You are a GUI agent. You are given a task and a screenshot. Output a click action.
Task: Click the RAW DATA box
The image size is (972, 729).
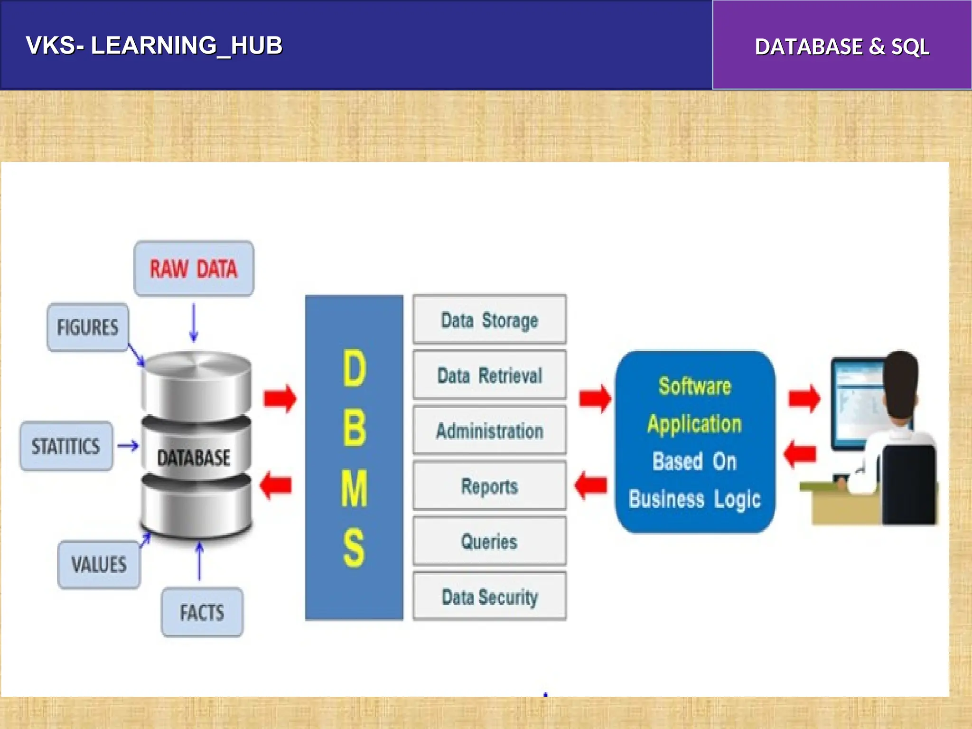click(194, 269)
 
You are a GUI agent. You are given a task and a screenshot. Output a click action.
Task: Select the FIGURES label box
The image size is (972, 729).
click(88, 327)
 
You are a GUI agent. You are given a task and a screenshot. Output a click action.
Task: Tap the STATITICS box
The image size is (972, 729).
click(66, 446)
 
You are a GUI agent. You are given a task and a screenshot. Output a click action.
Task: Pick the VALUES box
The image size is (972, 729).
click(99, 565)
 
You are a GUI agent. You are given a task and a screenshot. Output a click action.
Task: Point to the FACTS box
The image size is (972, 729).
click(202, 612)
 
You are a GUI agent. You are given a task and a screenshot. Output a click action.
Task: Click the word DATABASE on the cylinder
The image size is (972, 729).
click(194, 458)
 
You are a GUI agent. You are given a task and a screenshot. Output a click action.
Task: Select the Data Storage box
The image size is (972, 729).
click(489, 320)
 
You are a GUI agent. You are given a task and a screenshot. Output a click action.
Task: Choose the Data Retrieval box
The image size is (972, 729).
click(489, 375)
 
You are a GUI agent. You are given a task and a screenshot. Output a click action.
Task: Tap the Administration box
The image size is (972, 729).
click(489, 431)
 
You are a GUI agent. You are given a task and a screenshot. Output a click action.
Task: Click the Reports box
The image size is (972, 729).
click(489, 486)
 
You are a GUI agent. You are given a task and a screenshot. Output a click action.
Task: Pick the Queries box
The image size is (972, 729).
click(489, 542)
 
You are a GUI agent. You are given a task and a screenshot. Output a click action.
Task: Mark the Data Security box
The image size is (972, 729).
click(489, 597)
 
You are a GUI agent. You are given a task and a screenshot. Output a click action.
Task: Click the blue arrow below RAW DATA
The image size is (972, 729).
click(194, 323)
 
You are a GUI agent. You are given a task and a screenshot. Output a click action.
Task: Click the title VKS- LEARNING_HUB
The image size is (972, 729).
click(154, 46)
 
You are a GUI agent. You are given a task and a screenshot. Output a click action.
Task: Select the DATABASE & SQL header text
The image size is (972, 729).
click(842, 47)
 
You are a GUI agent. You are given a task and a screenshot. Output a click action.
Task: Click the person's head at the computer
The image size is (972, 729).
click(901, 380)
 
